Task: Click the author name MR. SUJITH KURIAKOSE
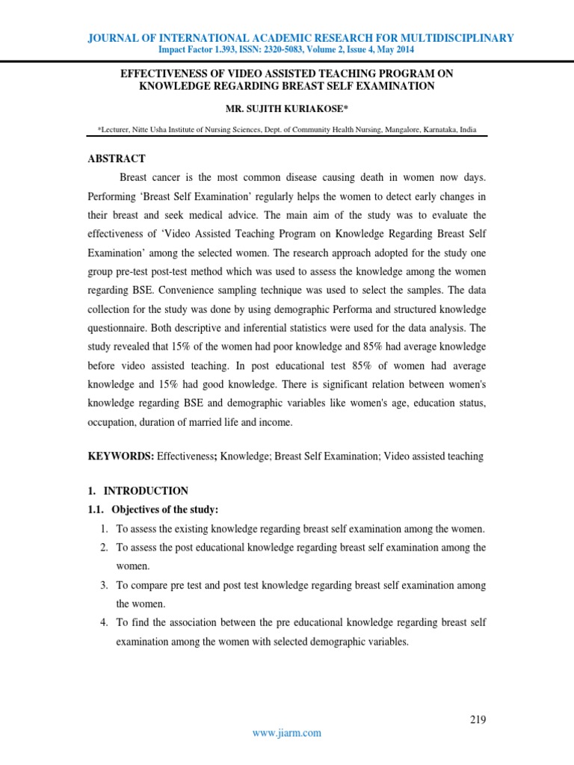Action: pyautogui.click(x=287, y=109)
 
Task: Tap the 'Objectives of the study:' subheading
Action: pyautogui.click(x=164, y=510)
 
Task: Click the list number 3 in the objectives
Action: pyautogui.click(x=105, y=585)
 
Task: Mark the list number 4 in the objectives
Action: pyautogui.click(x=105, y=622)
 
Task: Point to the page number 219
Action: pyautogui.click(x=478, y=719)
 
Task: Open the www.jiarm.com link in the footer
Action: pyautogui.click(x=287, y=733)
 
